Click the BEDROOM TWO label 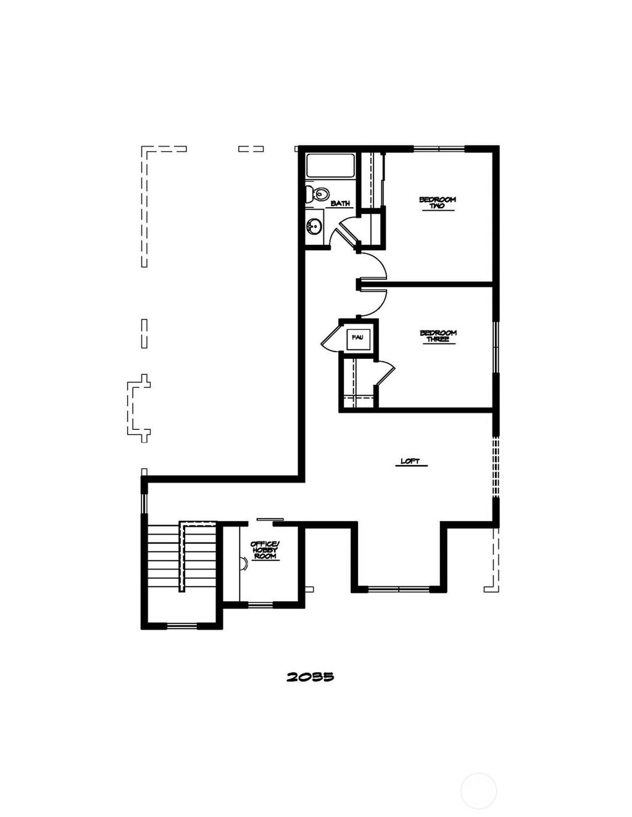[x=437, y=202]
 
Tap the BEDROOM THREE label [x=438, y=336]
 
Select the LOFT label [x=410, y=461]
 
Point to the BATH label [x=340, y=203]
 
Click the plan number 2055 [x=310, y=676]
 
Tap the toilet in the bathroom [x=317, y=194]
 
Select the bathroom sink [x=315, y=226]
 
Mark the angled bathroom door [x=343, y=231]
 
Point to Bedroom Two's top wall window [x=438, y=148]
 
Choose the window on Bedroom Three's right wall [x=495, y=347]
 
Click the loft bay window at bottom [x=399, y=589]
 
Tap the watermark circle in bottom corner [x=478, y=790]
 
